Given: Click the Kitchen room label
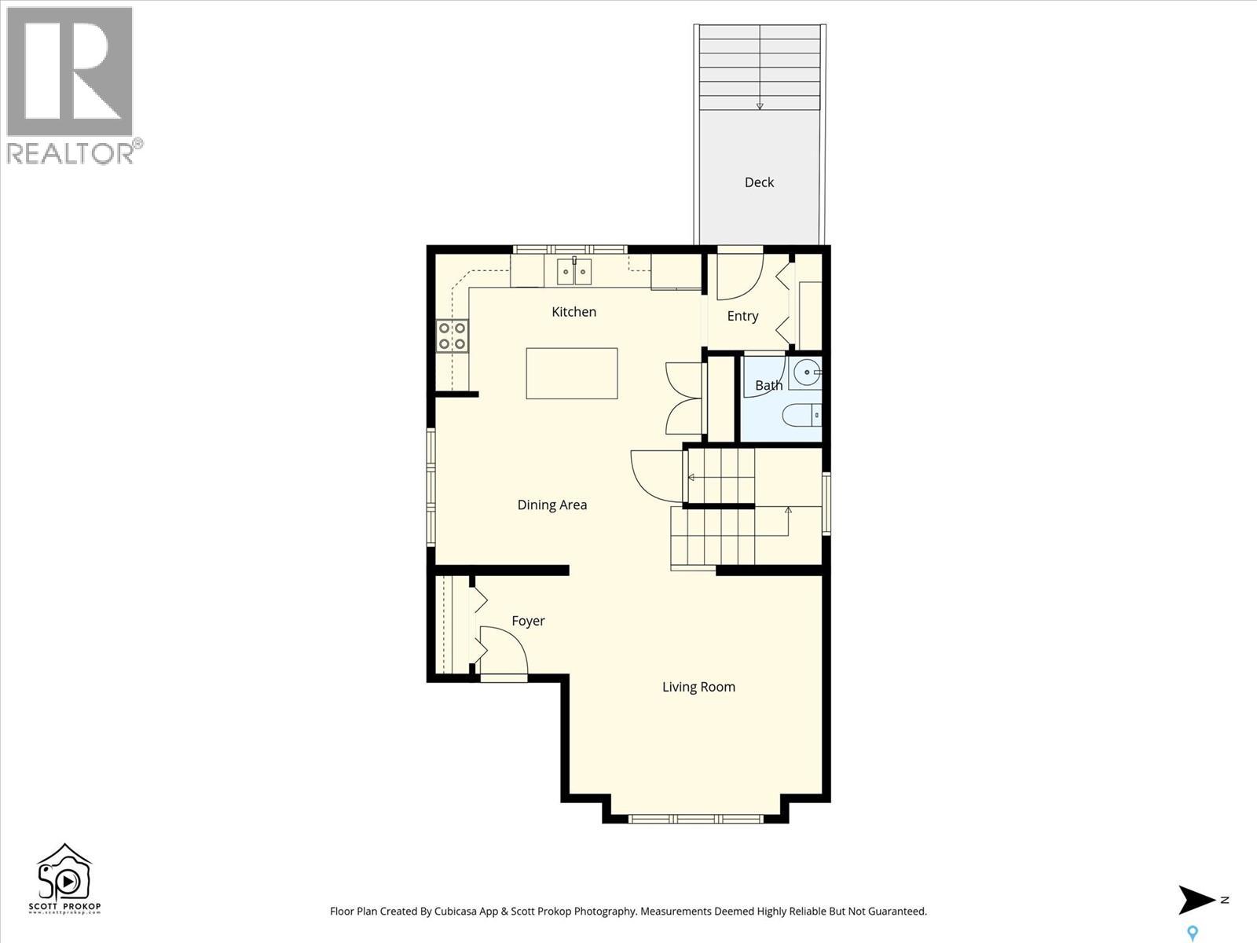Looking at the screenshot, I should click(574, 312).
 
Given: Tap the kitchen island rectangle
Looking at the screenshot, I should click(572, 373).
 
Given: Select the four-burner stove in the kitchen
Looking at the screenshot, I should click(453, 336).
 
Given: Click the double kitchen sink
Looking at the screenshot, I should click(574, 272).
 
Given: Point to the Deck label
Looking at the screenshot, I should click(759, 182).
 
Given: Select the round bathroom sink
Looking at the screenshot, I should click(806, 372).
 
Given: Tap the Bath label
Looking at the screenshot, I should click(768, 385).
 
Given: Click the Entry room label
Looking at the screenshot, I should click(742, 316).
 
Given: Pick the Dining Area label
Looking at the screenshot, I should click(552, 505).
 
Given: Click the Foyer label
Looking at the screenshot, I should click(528, 621).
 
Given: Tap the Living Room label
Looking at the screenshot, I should click(698, 687).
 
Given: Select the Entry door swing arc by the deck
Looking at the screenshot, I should click(739, 275).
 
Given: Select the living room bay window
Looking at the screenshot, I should click(695, 819).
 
